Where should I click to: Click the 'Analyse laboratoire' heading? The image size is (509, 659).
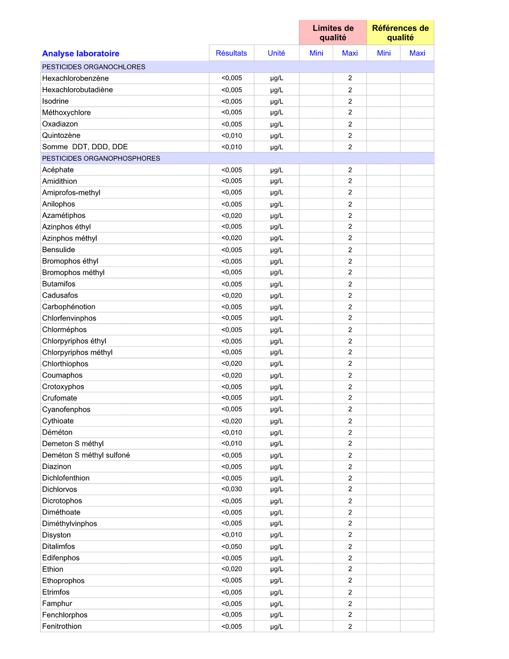coord(81,54)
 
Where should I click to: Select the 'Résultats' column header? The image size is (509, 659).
coord(231,53)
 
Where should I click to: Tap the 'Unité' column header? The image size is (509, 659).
coord(276,53)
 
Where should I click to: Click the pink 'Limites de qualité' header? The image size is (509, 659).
coord(333,33)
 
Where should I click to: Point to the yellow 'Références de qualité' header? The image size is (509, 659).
coord(400,33)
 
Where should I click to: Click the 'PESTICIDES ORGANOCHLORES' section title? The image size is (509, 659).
coord(94,67)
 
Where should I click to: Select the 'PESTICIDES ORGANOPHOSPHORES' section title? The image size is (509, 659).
coord(101,158)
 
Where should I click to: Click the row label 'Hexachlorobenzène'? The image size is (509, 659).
coord(75,78)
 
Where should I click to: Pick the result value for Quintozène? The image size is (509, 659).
coord(232,136)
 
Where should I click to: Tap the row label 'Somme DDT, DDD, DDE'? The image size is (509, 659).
coord(85,147)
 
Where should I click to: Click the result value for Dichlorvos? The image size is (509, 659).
coord(232,489)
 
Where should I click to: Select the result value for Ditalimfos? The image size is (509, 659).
coord(232,547)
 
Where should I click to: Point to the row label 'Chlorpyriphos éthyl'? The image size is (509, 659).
coord(74,341)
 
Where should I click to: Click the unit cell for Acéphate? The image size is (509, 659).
coord(277,170)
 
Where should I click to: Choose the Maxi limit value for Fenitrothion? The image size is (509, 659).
coord(350,626)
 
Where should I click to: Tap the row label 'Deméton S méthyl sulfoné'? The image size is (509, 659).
coord(86,455)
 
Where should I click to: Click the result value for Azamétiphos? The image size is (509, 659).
coord(232,215)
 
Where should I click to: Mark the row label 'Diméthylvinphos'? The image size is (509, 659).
coord(70,523)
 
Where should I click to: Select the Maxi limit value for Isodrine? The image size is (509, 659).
coord(350,101)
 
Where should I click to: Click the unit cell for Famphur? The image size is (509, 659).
coord(277,604)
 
